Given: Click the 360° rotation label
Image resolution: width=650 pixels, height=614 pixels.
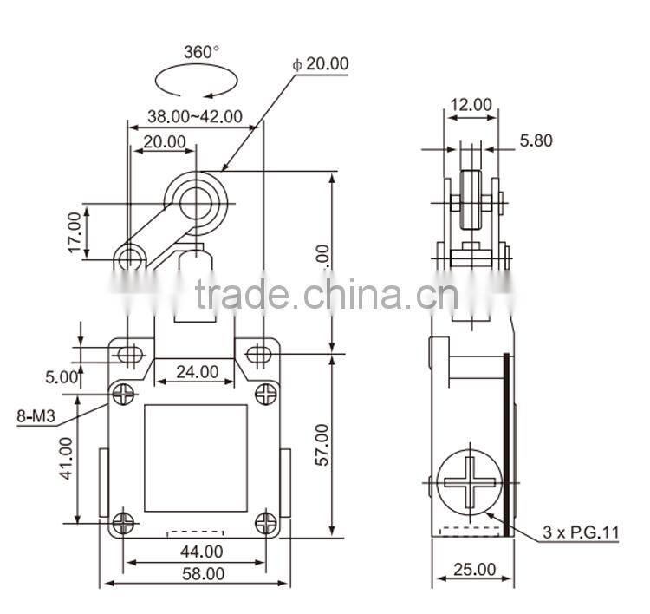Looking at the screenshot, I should point(202,52).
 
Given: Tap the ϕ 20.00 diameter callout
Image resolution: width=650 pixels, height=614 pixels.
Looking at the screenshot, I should point(321,64).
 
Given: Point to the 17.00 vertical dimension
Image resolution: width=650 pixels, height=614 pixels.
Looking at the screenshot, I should point(75,233).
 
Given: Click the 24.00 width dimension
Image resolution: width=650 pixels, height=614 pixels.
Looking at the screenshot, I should point(197,372).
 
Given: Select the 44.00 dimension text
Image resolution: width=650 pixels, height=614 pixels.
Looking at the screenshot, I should point(200,551).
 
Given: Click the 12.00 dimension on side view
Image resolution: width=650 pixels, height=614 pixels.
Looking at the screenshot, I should point(470,105).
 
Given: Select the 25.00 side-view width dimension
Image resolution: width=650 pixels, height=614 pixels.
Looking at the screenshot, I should point(474,570).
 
